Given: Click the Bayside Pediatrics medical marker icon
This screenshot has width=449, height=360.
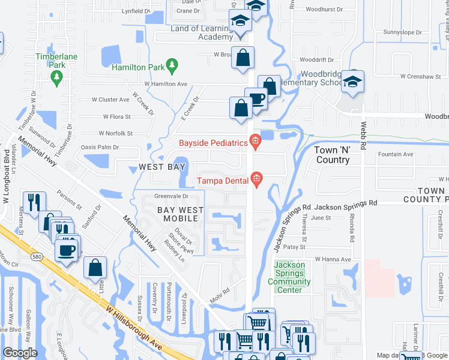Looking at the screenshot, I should click(x=255, y=143).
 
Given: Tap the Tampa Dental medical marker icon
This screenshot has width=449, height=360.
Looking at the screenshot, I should click(x=257, y=179).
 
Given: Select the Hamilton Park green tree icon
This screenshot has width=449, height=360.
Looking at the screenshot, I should click(x=172, y=64).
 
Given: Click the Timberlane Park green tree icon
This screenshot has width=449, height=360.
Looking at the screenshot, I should click(x=57, y=77).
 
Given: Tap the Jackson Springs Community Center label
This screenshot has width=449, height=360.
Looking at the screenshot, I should click(x=289, y=274).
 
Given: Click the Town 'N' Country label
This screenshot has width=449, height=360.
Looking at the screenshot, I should click(x=333, y=155).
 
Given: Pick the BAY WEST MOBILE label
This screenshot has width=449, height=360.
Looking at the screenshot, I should click(x=180, y=215).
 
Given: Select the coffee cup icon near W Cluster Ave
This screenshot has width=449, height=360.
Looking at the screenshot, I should click(x=256, y=98).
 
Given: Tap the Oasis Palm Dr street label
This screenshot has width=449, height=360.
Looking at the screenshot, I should click(x=100, y=147).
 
